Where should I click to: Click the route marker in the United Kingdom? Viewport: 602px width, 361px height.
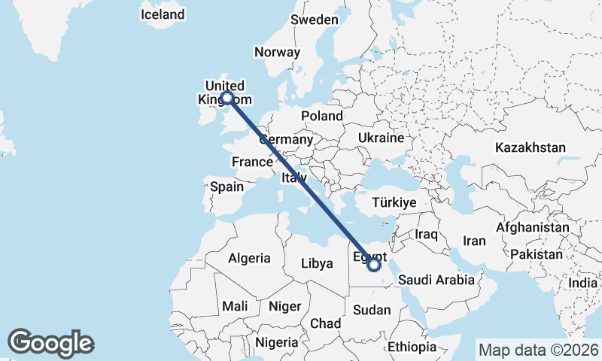coord(227,97)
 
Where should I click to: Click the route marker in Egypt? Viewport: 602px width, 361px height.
coord(374,264)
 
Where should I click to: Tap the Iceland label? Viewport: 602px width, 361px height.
coord(163,14)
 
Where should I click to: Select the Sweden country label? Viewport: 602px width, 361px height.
coord(315,20)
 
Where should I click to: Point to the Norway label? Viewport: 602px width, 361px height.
coord(278,52)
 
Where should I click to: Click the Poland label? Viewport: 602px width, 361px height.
coord(321,116)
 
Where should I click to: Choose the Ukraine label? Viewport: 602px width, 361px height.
coord(381,138)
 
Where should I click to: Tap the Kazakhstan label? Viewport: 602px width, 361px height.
coord(530,147)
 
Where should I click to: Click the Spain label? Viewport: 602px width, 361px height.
coord(227,187)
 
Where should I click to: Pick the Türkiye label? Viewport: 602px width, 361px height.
coord(394,202)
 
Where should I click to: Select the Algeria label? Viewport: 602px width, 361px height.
coord(249,258)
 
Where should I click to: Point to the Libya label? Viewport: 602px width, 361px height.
coord(316,263)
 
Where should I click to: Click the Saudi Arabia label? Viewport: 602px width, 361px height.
coord(436,280)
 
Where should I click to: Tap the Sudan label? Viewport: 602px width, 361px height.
coord(372,310)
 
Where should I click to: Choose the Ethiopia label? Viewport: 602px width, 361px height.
coord(412,347)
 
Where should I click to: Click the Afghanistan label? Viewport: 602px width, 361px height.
coord(533,226)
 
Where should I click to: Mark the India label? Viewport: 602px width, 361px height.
coord(582,283)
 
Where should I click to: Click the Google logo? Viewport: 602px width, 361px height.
coord(50,343)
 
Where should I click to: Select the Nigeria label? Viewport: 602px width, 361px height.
coord(276,342)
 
